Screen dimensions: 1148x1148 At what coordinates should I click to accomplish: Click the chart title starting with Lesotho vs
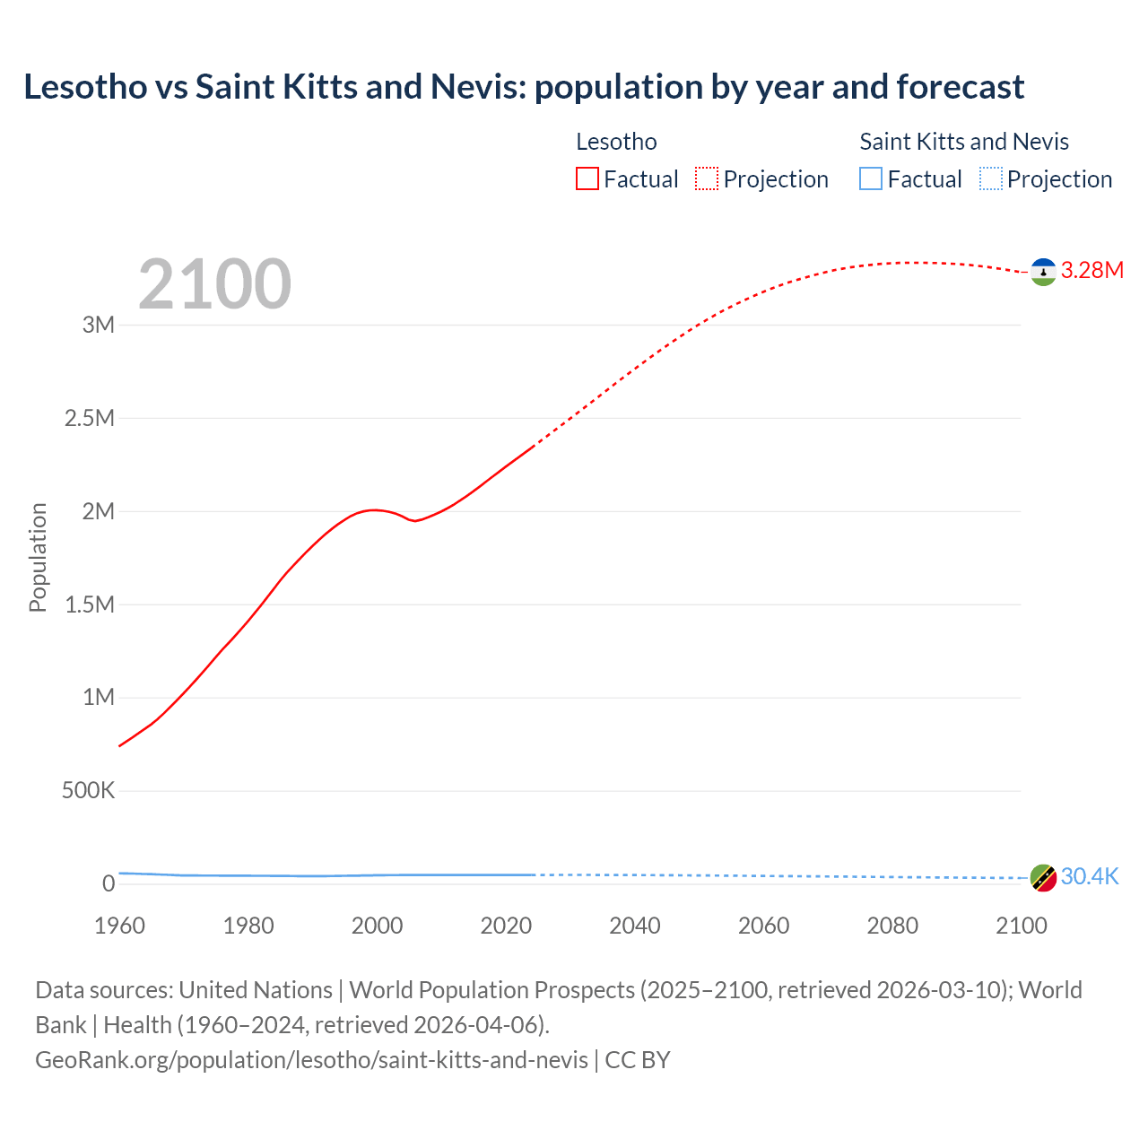[524, 87]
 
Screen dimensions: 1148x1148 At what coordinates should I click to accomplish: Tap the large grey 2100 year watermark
[214, 284]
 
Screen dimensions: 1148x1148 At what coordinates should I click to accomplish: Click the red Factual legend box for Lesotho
[587, 178]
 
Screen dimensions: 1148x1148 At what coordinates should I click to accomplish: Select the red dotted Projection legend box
[707, 178]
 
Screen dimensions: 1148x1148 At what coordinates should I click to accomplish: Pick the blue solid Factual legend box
[871, 178]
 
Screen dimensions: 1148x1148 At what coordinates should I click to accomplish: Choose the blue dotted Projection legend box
[991, 178]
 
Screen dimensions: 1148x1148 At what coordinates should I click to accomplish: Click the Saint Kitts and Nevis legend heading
[964, 142]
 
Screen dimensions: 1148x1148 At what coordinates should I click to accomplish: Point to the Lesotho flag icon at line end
[1043, 271]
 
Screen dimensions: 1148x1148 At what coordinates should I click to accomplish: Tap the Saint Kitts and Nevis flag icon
[1043, 877]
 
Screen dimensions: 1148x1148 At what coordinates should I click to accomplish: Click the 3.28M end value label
[1091, 271]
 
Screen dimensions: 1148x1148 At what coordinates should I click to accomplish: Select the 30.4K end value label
[1090, 877]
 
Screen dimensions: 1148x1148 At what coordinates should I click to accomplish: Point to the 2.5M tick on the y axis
[90, 418]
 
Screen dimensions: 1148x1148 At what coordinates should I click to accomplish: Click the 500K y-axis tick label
[88, 791]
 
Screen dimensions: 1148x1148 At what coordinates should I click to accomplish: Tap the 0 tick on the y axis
[109, 884]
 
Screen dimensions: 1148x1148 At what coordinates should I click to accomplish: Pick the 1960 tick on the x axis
[119, 926]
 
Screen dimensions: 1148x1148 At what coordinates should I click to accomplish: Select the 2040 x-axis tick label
[635, 926]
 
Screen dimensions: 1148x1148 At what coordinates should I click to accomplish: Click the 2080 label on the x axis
[892, 926]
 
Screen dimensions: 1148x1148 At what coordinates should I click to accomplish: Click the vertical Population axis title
[38, 557]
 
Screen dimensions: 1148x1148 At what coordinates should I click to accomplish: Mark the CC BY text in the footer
[638, 1060]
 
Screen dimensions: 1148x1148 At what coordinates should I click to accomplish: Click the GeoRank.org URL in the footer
[311, 1060]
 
